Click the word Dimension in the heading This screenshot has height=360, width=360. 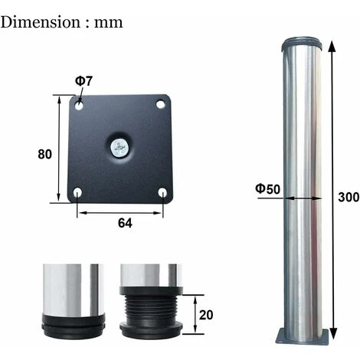pyautogui.click(x=41, y=22)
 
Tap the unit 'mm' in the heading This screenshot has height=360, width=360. pyautogui.click(x=108, y=24)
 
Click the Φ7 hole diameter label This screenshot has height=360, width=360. pyautogui.click(x=83, y=81)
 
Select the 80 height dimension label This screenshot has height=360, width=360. pyautogui.click(x=44, y=154)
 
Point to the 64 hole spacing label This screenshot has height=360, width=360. pyautogui.click(x=125, y=223)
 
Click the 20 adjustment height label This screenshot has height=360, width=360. pyautogui.click(x=206, y=315)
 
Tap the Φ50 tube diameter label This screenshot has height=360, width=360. pyautogui.click(x=268, y=189)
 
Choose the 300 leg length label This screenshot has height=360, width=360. pyautogui.click(x=349, y=198)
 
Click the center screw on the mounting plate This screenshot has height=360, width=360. pyautogui.click(x=119, y=148)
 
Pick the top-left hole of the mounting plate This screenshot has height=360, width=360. pyautogui.click(x=79, y=105)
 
